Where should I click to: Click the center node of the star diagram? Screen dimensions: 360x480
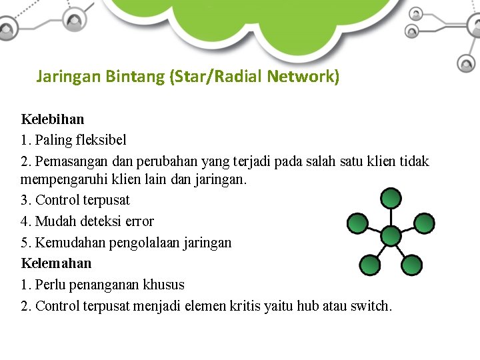[391, 235]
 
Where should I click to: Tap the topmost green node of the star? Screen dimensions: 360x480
[391, 198]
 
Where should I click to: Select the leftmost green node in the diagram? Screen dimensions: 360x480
[357, 223]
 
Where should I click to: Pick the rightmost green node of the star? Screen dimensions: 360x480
[425, 223]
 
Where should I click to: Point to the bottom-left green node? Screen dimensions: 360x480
[370, 265]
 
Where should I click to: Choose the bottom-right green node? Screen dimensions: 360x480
[413, 265]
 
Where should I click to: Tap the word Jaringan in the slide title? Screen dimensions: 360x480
[68, 77]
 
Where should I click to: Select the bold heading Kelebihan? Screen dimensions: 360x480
[53, 119]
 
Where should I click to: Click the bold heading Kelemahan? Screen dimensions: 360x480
[56, 263]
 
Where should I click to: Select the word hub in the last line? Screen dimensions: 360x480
[307, 306]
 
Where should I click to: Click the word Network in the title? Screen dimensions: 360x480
[303, 77]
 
